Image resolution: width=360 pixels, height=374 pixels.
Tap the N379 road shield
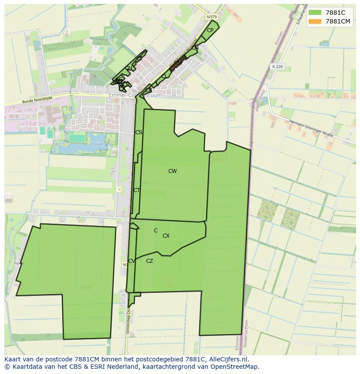[x=211, y=17]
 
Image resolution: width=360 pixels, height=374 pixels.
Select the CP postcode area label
[x=210, y=30]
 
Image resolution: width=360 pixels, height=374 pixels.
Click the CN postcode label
[x=195, y=48]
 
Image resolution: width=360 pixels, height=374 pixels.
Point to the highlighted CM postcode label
[x=177, y=63]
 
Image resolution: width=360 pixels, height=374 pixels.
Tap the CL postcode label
[x=164, y=76]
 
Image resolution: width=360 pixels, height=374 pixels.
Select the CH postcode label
[x=128, y=68]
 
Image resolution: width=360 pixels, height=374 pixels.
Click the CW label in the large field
[x=173, y=171]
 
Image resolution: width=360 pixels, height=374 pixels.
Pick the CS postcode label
[x=139, y=132]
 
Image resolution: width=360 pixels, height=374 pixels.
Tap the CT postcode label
[x=137, y=190]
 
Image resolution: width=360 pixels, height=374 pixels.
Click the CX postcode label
[x=166, y=236]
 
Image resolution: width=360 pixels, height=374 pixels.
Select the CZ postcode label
[x=150, y=261]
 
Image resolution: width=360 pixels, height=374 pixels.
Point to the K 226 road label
[x=277, y=66]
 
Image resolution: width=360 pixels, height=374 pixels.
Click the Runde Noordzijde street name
[x=37, y=100]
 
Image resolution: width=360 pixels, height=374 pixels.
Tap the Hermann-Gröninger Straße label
[x=312, y=129]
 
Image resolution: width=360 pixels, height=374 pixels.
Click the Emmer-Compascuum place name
[x=135, y=95]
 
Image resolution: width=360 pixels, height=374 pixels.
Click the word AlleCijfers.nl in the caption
[x=227, y=359]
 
